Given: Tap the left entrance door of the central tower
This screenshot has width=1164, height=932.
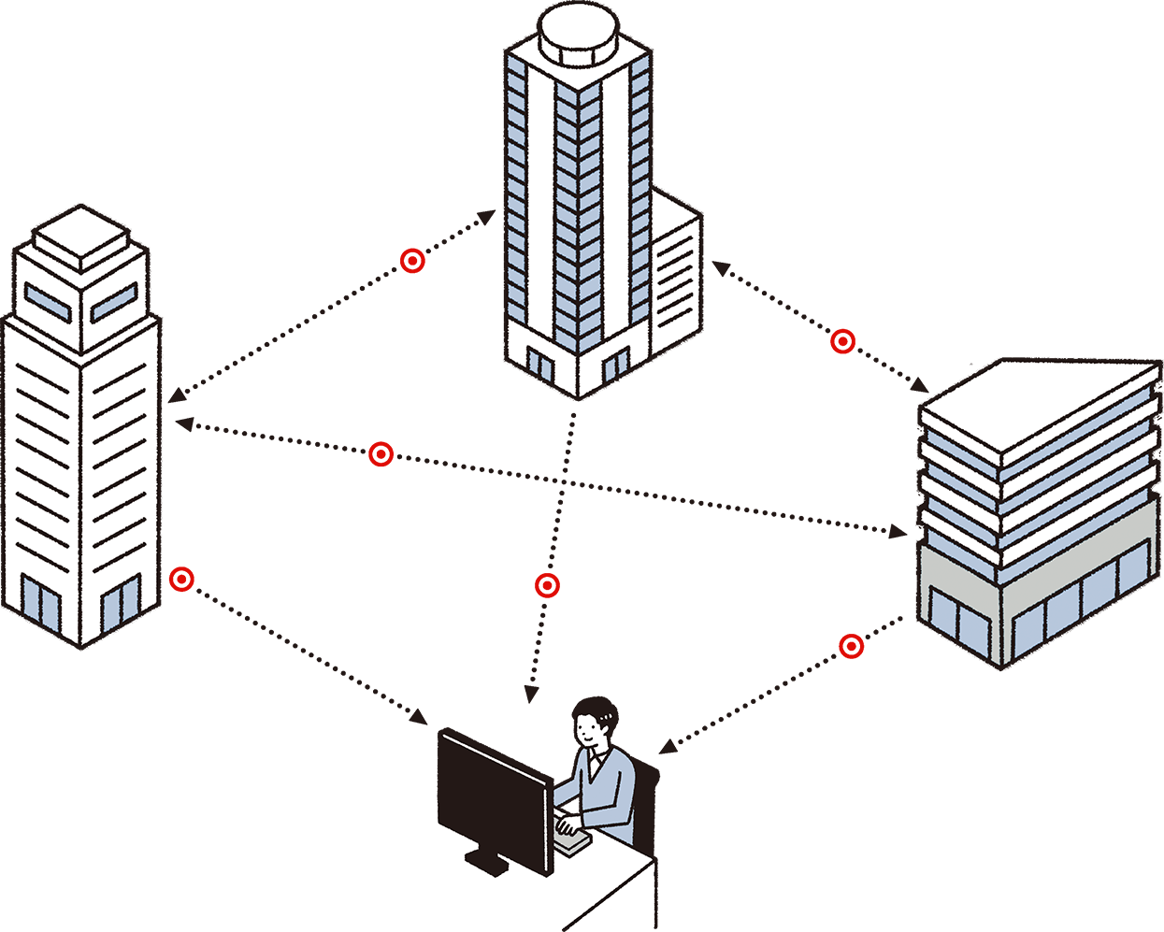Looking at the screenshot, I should (539, 365).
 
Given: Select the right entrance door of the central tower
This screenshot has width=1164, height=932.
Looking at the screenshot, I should (615, 366).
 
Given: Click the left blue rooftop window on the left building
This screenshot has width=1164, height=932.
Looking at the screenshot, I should (47, 299).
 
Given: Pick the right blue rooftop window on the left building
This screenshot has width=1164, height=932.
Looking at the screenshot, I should (114, 301).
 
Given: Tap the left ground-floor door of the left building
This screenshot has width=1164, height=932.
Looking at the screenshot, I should (39, 603).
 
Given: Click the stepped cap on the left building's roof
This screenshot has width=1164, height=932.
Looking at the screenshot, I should (81, 241).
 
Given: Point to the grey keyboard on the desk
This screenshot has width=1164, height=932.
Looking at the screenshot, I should (573, 842).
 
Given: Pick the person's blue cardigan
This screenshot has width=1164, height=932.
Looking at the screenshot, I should (612, 790).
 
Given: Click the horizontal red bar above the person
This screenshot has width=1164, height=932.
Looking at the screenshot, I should (547, 585).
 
